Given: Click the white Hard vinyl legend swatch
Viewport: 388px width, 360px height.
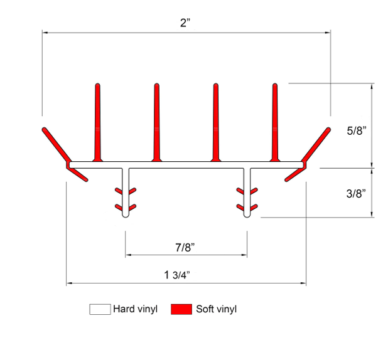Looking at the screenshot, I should point(100,309).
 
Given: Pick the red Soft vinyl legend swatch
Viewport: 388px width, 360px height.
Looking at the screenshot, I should point(181,309).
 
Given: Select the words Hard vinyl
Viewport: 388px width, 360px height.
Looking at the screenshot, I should point(135,309).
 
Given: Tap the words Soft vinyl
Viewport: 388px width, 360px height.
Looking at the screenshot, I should point(216,309).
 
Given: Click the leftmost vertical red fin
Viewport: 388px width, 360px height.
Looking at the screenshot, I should point(97,122).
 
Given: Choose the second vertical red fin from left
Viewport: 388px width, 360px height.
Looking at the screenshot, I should point(156,122).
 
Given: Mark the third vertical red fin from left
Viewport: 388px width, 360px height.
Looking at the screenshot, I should point(215,122).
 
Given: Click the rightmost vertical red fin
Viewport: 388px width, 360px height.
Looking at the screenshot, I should point(274,122).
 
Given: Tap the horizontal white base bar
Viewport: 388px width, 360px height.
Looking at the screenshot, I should point(186,164).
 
